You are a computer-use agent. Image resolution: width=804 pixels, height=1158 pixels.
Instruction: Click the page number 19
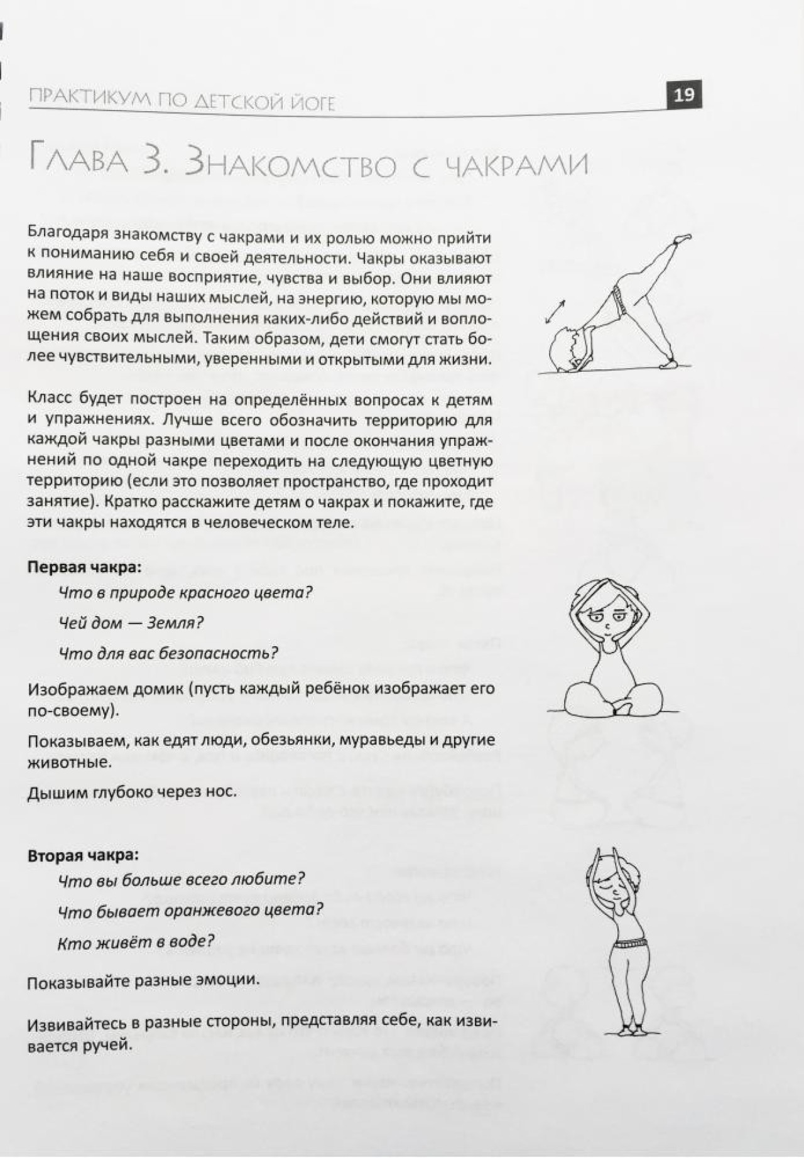(x=683, y=95)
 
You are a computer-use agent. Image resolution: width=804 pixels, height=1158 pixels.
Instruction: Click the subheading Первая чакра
(x=84, y=566)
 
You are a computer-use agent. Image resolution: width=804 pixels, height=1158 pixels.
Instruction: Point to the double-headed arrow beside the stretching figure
(x=554, y=312)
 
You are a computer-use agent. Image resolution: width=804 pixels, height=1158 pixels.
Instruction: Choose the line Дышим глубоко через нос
(x=132, y=791)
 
